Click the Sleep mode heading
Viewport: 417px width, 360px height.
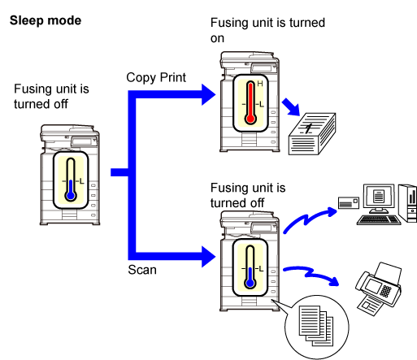(x=46, y=20)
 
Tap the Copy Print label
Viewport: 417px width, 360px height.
(x=156, y=77)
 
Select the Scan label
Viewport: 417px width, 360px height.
(x=142, y=270)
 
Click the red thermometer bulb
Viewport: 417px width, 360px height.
(x=250, y=119)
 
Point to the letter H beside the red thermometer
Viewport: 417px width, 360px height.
(x=260, y=84)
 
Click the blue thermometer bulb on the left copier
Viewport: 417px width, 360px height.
(x=71, y=196)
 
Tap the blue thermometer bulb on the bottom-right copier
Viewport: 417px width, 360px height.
(x=250, y=283)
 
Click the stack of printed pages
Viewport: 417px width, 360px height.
(x=312, y=134)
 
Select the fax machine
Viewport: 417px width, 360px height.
(x=379, y=288)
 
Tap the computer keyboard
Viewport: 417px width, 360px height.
(x=379, y=219)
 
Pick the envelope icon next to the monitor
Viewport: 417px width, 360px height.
(x=349, y=202)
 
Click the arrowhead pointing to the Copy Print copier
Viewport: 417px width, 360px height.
(x=208, y=94)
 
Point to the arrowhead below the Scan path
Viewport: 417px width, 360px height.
(x=208, y=257)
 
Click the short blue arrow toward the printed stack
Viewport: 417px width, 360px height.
(x=291, y=107)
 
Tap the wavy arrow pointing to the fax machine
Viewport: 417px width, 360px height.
(x=311, y=274)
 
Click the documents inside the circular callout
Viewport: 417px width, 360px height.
(x=316, y=326)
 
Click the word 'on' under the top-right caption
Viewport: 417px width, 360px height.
(x=217, y=39)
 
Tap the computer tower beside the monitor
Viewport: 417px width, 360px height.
(x=408, y=203)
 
